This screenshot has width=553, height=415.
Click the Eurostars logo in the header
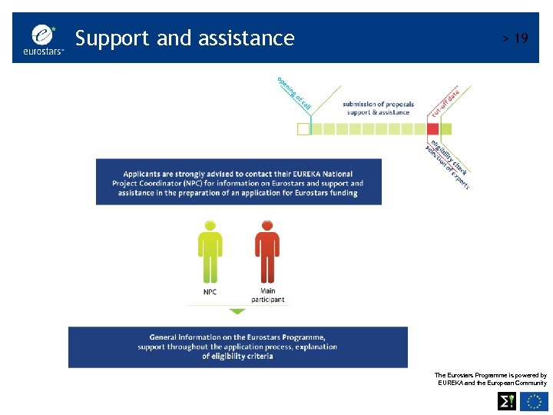click(47, 38)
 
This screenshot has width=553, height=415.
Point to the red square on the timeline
click(433, 128)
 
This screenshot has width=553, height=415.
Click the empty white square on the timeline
click(303, 128)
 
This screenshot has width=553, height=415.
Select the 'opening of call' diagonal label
click(293, 93)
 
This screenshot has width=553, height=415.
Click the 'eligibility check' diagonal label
click(450, 157)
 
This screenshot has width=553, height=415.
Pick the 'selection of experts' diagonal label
click(446, 168)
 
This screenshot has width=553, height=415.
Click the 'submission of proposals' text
click(378, 104)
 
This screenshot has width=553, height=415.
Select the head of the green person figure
click(209, 226)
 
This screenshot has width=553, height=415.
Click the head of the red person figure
click(267, 226)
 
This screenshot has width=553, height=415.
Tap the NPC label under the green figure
click(210, 292)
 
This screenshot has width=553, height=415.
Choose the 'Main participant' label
click(267, 295)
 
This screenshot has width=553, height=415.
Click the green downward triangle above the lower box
click(237, 311)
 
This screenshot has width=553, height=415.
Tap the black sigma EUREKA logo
click(507, 401)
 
